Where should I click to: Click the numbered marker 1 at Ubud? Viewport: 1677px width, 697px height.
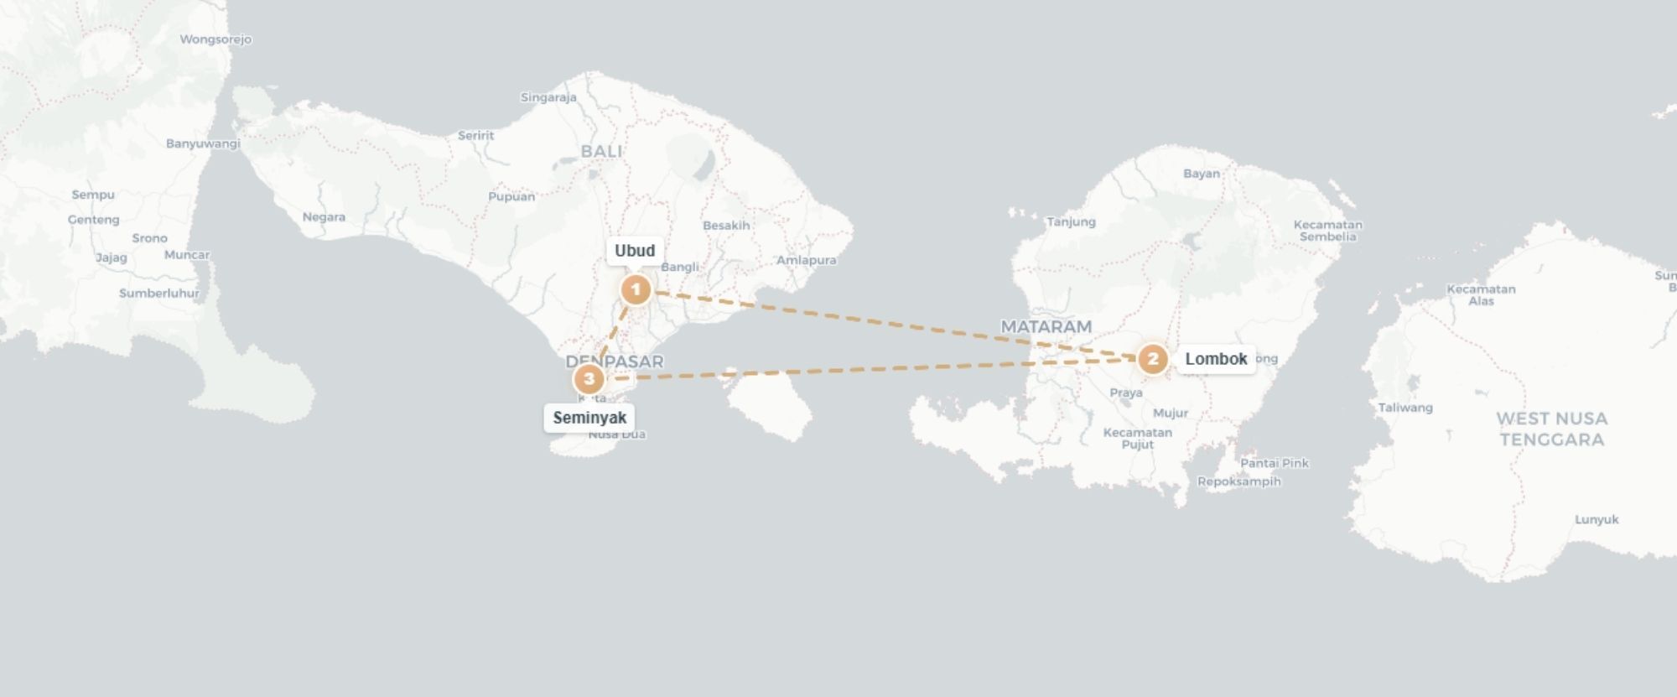click(x=636, y=290)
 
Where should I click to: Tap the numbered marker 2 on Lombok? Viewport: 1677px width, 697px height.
click(x=1153, y=360)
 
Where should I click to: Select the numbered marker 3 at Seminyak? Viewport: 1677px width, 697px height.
click(x=589, y=379)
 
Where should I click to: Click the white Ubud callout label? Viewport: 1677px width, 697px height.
click(x=635, y=251)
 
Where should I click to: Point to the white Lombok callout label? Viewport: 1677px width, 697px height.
click(x=1216, y=359)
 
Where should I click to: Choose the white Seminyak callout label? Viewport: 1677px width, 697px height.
click(x=589, y=418)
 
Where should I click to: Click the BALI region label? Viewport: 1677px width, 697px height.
click(x=601, y=151)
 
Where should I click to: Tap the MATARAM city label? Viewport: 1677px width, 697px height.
click(x=1046, y=326)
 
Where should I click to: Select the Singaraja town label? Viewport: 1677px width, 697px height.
click(x=548, y=97)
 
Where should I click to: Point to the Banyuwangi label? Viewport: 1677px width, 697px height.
click(x=203, y=143)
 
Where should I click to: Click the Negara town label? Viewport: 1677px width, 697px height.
click(x=324, y=217)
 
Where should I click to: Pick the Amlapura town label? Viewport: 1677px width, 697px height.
click(x=806, y=260)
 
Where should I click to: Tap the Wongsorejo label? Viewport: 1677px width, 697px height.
click(x=215, y=39)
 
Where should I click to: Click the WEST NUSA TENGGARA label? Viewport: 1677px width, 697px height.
click(x=1551, y=429)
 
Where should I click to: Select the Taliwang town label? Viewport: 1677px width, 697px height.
click(x=1405, y=408)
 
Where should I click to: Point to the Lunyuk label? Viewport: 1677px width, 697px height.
click(x=1597, y=519)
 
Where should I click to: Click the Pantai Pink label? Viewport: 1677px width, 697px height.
click(x=1274, y=463)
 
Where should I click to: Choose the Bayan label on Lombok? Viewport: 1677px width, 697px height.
click(x=1202, y=174)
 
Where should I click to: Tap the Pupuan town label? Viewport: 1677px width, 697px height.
click(x=511, y=197)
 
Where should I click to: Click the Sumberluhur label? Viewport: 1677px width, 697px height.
click(x=159, y=294)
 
